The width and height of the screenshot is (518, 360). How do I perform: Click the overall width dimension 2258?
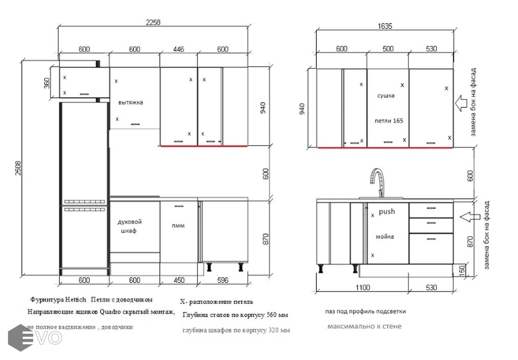click(x=153, y=22)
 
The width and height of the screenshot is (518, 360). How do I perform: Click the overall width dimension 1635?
click(x=385, y=26)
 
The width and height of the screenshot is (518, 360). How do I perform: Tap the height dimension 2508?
click(x=18, y=168)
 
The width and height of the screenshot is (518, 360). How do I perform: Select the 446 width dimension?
click(x=179, y=49)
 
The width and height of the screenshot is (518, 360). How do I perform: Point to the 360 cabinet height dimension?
click(x=47, y=83)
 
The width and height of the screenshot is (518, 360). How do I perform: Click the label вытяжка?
click(x=131, y=102)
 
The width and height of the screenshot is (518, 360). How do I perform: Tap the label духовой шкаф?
click(x=129, y=226)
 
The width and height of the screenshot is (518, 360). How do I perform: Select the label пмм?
click(x=178, y=226)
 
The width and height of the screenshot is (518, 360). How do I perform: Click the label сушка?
click(x=386, y=96)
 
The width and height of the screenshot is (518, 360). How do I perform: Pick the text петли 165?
click(x=389, y=121)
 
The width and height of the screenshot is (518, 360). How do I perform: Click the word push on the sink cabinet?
click(x=387, y=212)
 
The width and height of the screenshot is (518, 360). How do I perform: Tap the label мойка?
click(x=385, y=236)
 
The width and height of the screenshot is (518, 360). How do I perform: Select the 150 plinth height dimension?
click(x=462, y=270)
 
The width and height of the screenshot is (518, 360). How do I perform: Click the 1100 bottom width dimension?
click(x=363, y=288)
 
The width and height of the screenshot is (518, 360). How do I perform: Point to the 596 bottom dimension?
click(x=223, y=280)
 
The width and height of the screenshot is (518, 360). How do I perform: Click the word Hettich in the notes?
click(x=75, y=300)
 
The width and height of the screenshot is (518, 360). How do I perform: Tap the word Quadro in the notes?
click(x=110, y=312)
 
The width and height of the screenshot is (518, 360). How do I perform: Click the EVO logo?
click(x=35, y=338)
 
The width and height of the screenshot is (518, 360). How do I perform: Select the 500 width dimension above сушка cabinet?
click(x=388, y=49)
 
